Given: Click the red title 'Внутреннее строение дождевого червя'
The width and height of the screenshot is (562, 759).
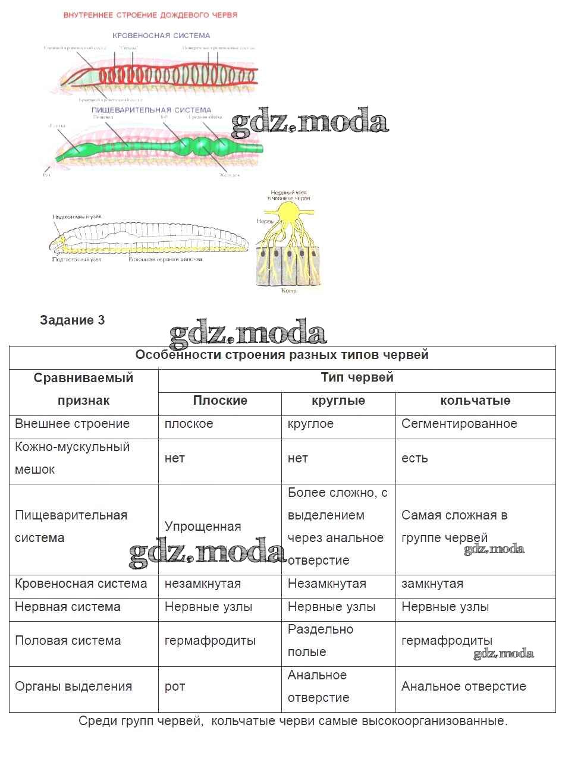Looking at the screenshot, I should pos(150,15).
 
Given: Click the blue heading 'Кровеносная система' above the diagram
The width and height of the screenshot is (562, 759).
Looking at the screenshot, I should pos(162,36).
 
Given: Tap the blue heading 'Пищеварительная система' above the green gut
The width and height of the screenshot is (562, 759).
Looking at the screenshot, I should pos(151,110).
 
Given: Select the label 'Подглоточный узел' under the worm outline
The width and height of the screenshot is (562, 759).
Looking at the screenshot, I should pos(77,260).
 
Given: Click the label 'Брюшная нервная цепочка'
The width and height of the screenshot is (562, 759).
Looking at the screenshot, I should pos(166,260).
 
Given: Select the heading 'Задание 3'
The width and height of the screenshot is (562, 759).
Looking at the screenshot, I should pos(72,320).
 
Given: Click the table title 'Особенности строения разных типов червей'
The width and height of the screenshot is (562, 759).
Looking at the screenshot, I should pos(282,355).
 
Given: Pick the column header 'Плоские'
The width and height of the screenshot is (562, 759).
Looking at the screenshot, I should pos(220,401).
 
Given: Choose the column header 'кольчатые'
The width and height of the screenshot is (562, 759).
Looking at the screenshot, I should pos(475,401).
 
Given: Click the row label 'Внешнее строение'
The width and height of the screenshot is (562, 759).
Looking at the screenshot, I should pos(72,424).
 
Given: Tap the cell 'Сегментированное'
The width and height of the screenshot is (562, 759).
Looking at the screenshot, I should pos(459,424).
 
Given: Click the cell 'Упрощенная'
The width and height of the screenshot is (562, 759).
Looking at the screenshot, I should pos(203,527).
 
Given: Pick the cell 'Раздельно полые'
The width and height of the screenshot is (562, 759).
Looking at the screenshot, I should pos(321,641).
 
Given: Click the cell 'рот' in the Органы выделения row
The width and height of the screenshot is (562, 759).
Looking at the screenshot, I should pos(175,686).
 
